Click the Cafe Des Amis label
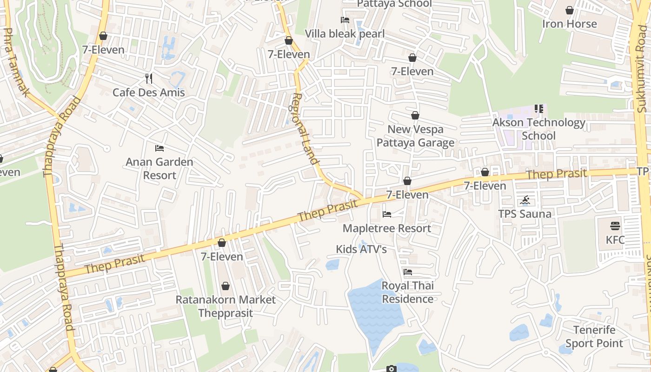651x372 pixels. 149,93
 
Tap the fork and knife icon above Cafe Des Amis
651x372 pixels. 149,78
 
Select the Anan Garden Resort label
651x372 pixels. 159,168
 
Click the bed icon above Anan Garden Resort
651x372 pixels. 159,148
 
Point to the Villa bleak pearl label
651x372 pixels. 345,34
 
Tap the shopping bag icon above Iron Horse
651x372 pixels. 570,10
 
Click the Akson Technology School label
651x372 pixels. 539,129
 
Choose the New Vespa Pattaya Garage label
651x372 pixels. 415,136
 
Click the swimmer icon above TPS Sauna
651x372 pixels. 525,201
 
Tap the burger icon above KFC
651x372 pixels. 615,226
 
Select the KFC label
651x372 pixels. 615,240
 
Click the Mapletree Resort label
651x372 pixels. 387,228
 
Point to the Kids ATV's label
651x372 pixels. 361,250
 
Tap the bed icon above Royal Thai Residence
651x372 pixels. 408,272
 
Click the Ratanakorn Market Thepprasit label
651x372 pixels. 226,306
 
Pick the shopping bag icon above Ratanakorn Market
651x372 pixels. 226,286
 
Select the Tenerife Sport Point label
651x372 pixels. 594,337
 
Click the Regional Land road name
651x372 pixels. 305,129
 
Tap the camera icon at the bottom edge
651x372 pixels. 391,369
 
